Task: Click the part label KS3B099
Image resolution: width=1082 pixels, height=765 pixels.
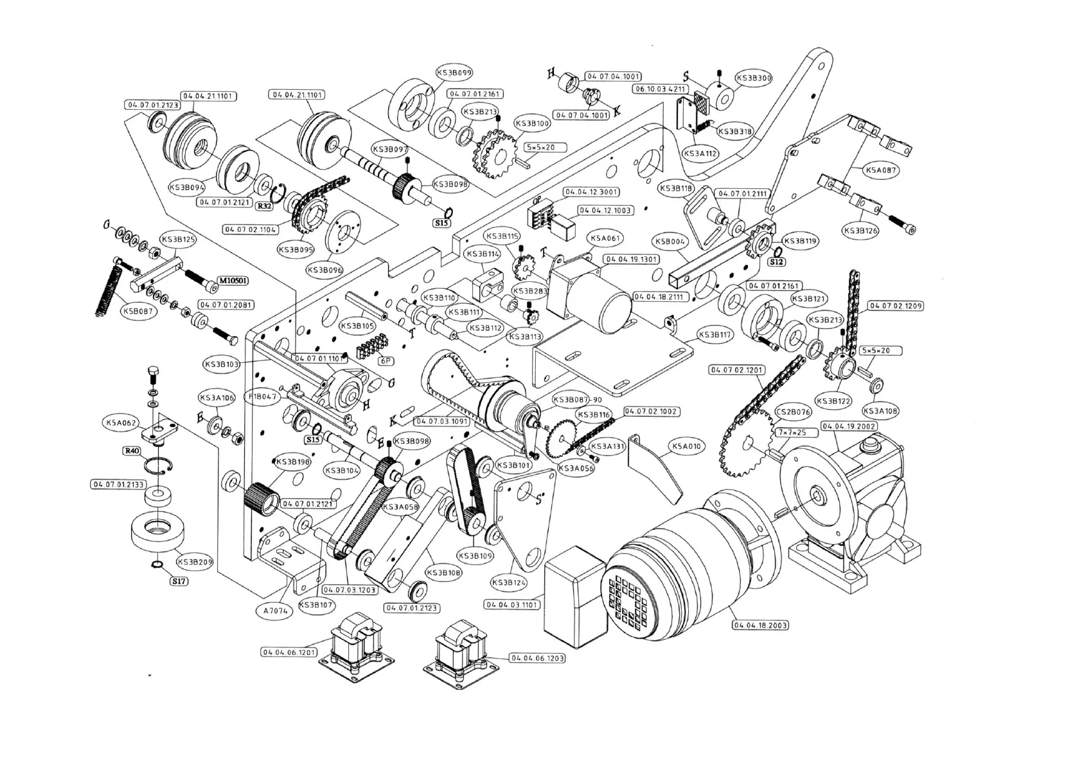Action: pyautogui.click(x=454, y=73)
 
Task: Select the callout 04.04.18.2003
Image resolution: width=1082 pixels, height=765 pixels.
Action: pyautogui.click(x=761, y=625)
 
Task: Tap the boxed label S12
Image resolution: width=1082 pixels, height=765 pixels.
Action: pyautogui.click(x=776, y=262)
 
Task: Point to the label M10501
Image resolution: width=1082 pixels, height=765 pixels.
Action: pyautogui.click(x=233, y=281)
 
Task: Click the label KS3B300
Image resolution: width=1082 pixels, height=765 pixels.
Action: pyautogui.click(x=753, y=78)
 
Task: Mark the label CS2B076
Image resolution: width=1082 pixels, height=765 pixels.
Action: pyautogui.click(x=794, y=412)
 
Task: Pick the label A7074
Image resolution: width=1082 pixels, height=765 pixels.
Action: pyautogui.click(x=276, y=611)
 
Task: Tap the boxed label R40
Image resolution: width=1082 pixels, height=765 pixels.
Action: pyautogui.click(x=132, y=451)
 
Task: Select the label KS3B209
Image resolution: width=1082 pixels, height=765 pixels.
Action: pyautogui.click(x=195, y=562)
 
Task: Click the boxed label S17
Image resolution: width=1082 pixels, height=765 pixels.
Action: pyautogui.click(x=179, y=581)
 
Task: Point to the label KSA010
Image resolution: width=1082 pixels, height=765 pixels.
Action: pyautogui.click(x=686, y=446)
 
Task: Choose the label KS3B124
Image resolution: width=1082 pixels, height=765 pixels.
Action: pyautogui.click(x=509, y=583)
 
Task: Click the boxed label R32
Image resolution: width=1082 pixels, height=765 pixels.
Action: pyautogui.click(x=264, y=206)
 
